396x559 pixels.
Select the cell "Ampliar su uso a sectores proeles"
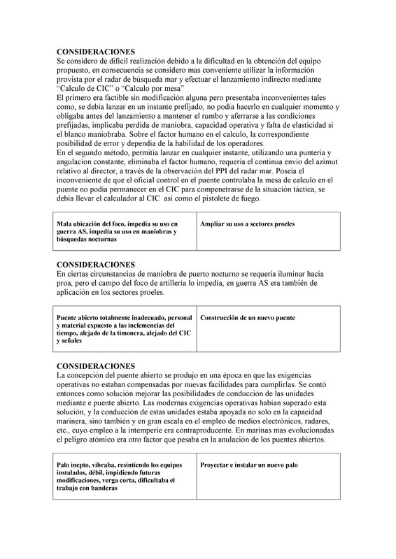pyautogui.click(x=247, y=224)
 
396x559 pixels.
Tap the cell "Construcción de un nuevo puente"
pyautogui.click(x=247, y=318)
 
